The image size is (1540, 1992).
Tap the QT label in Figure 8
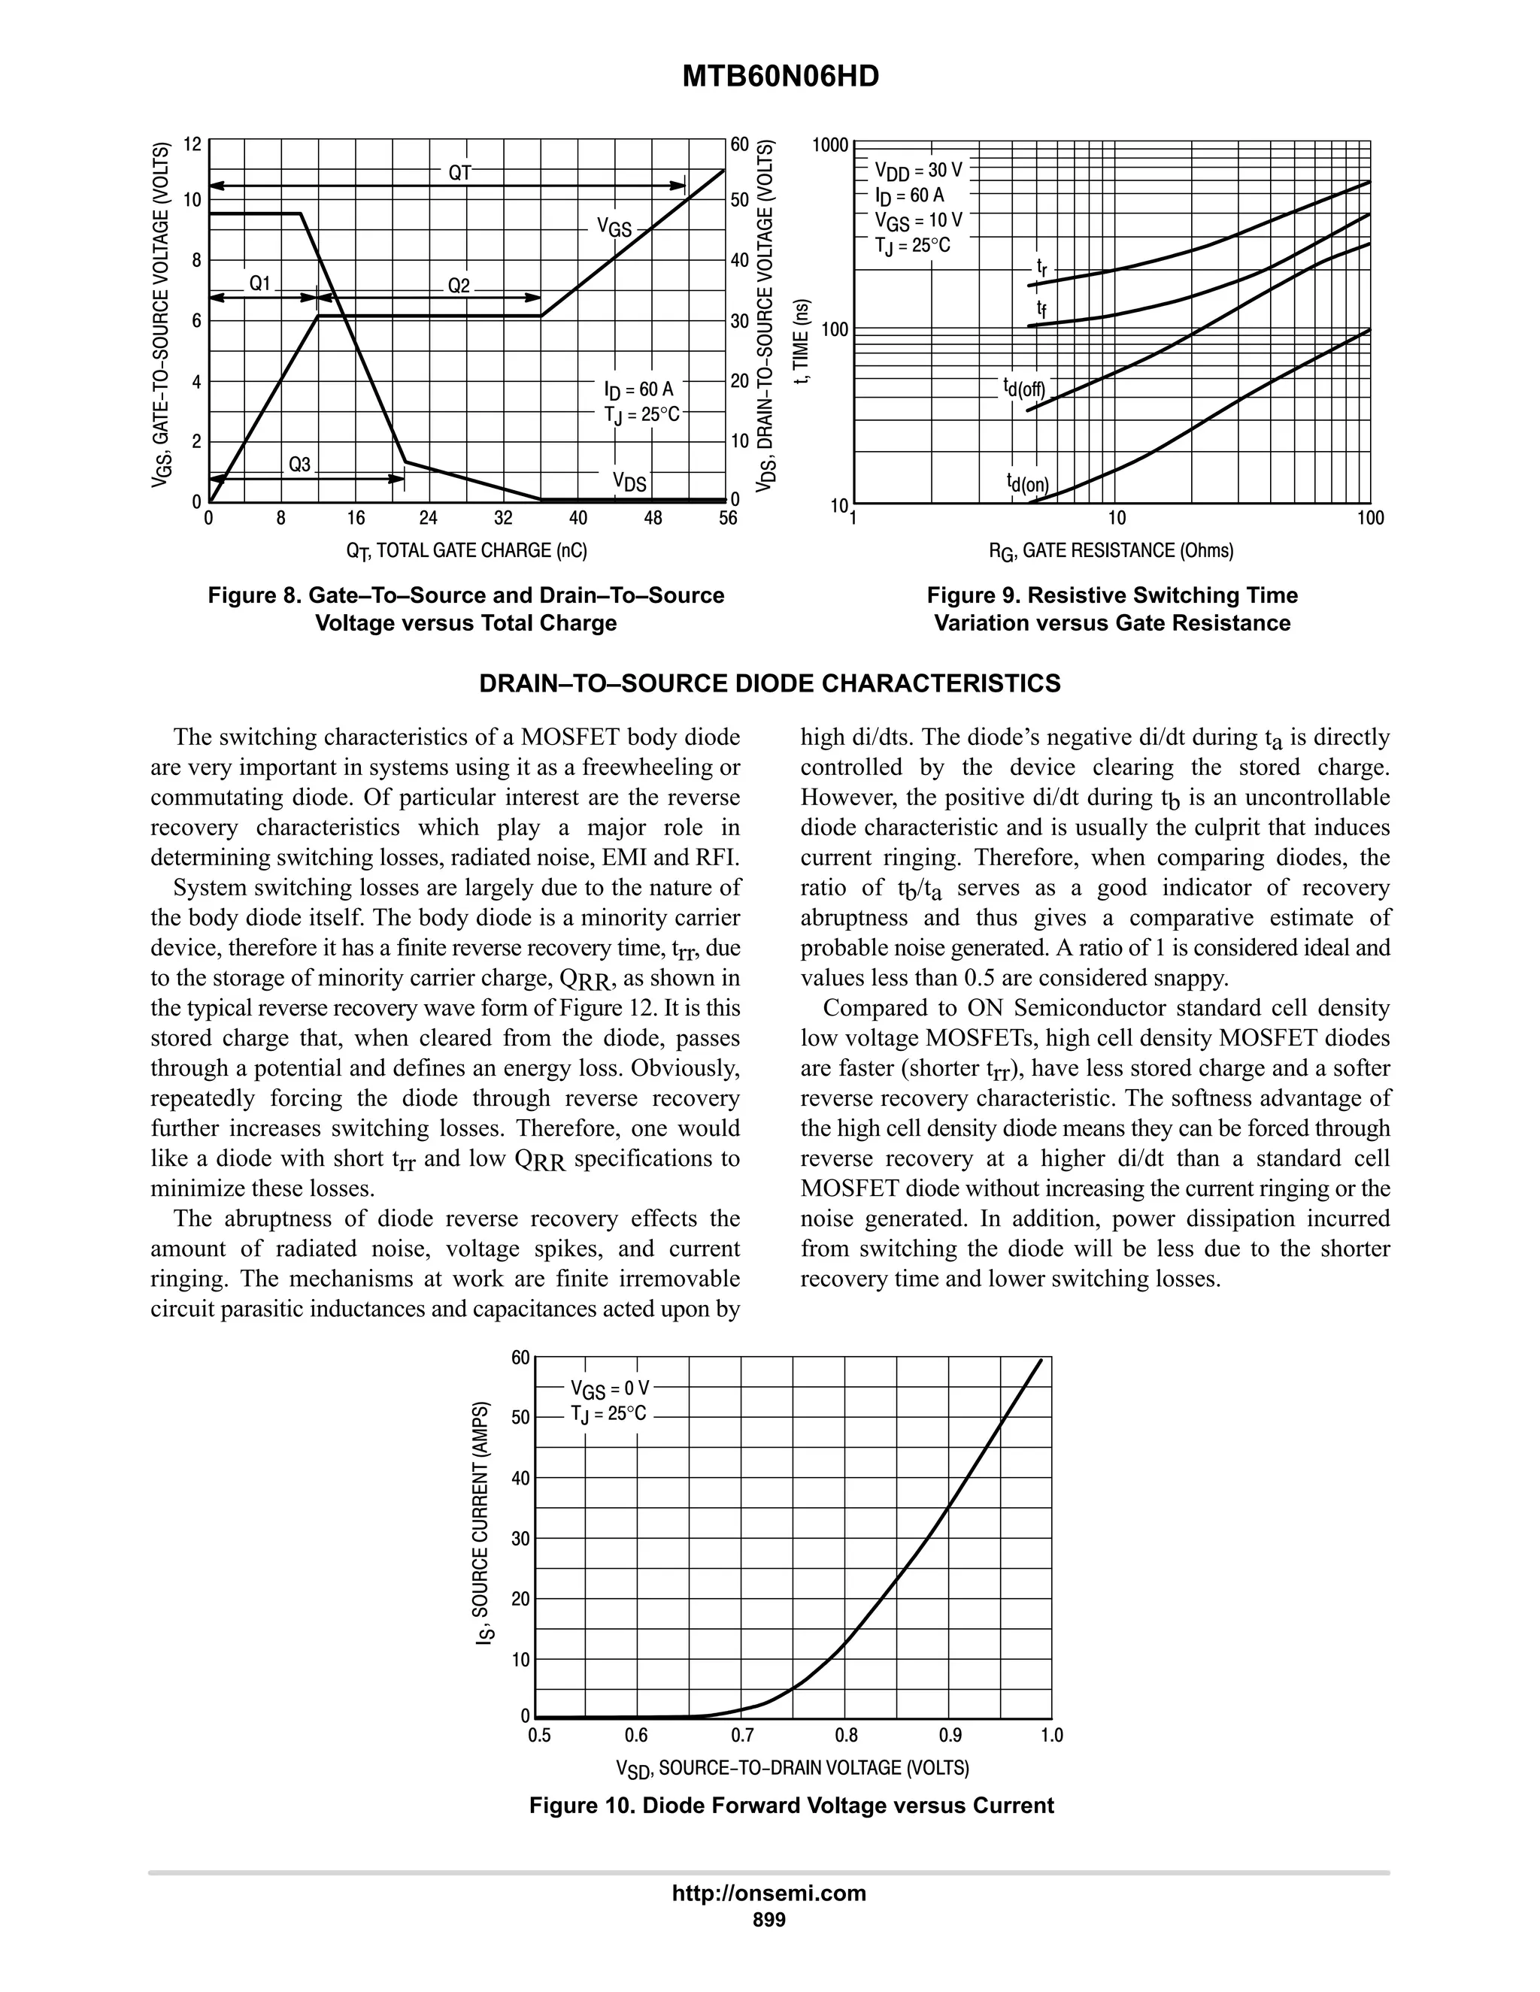point(459,171)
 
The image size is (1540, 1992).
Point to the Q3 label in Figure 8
point(299,465)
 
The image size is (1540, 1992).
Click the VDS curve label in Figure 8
point(629,482)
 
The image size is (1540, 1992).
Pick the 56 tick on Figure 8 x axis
point(726,519)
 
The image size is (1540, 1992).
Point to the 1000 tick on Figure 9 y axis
point(830,145)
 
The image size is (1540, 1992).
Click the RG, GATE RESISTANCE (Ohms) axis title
point(1111,550)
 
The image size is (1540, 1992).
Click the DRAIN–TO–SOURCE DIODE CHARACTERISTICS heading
point(769,683)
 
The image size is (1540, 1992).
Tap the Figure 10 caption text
point(791,1805)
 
